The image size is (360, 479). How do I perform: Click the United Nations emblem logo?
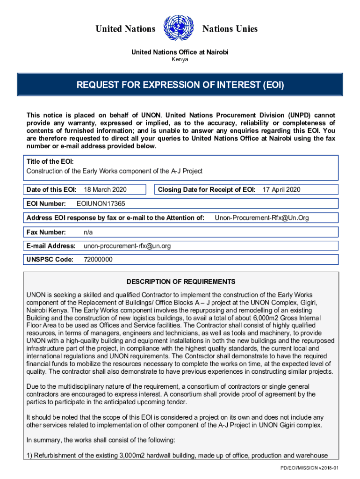point(179,29)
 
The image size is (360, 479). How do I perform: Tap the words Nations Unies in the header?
point(230,29)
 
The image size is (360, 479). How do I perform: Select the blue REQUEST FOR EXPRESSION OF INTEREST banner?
point(180,86)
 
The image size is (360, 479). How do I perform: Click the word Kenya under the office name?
point(180,60)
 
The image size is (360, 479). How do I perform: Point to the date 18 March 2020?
point(105,189)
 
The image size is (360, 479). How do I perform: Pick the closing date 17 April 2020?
point(281,189)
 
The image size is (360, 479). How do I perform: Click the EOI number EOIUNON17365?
point(101,204)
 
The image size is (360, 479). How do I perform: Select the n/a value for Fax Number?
point(88,232)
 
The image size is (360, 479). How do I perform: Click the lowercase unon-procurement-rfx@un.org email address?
point(127,246)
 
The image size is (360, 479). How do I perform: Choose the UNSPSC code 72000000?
point(98,260)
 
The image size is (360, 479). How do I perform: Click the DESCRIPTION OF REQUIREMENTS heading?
point(181,282)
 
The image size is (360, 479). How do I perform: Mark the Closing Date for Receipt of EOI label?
point(206,189)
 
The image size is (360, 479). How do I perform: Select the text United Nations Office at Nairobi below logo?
point(180,52)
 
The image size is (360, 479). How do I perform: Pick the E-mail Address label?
point(51,246)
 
